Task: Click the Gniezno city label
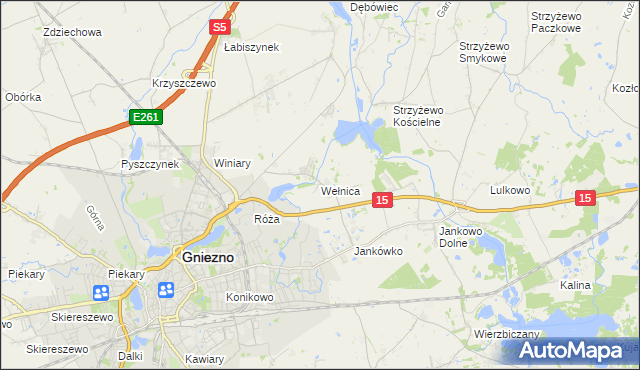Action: pos(208,256)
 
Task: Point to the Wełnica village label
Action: pos(339,190)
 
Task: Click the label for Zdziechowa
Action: pos(73,32)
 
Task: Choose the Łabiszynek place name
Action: pos(251,47)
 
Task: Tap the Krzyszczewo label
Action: pos(184,84)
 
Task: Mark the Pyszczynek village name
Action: pos(149,163)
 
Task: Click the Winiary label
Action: pos(232,163)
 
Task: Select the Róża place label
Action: pos(266,219)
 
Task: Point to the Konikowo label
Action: pos(250,297)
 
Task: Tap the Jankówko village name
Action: pos(379,252)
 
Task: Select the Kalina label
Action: pos(575,285)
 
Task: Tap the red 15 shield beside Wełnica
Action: pos(381,201)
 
